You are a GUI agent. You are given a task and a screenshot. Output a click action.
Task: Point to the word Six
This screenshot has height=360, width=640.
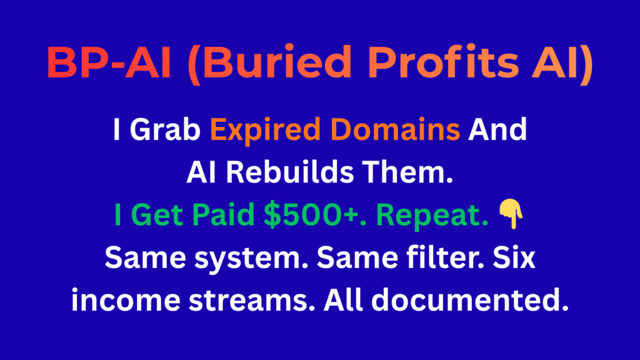pyautogui.click(x=507, y=257)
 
